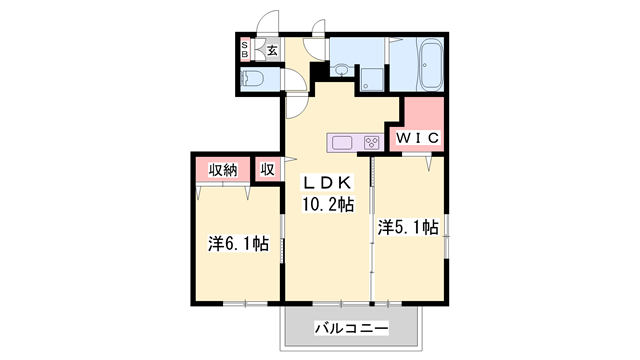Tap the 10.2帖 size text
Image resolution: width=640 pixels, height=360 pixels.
point(328,205)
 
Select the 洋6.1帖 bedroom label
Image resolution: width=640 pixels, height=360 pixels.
point(238,243)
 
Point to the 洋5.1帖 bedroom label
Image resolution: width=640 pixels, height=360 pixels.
point(407,228)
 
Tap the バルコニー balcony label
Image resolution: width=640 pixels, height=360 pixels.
point(349,327)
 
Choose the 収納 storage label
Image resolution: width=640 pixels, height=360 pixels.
point(223,169)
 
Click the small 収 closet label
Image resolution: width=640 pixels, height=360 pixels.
point(267,169)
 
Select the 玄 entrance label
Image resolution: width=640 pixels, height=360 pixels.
point(271,49)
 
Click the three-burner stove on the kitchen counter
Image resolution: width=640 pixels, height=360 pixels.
point(371,141)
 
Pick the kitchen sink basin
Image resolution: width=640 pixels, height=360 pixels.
point(341,141)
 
